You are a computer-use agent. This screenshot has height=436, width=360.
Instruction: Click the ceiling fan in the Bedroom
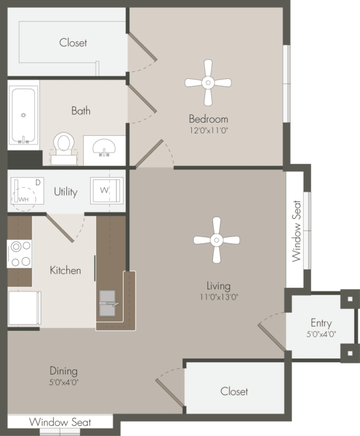[208, 83]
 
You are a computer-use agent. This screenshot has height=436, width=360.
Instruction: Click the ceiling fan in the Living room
[216, 240]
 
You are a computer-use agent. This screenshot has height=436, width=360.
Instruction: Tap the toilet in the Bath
[62, 145]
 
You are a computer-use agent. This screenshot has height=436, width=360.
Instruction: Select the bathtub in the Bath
[23, 115]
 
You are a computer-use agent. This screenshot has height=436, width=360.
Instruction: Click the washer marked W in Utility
[104, 190]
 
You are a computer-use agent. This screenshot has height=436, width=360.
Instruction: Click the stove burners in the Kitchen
[19, 254]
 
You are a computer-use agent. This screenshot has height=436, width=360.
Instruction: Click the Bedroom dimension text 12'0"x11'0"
[209, 129]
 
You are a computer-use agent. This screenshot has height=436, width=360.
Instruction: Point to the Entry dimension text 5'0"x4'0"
[321, 334]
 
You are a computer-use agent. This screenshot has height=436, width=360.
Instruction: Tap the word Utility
[66, 191]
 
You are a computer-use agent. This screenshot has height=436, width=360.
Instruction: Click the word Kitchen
[66, 270]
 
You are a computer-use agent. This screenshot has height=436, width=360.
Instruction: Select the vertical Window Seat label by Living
[296, 230]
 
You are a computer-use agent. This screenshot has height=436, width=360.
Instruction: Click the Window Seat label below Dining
[60, 422]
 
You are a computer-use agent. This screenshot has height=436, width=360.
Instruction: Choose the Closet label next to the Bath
[73, 43]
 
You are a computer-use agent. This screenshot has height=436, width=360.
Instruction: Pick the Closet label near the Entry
[234, 391]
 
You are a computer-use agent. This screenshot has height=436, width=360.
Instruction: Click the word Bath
[81, 111]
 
